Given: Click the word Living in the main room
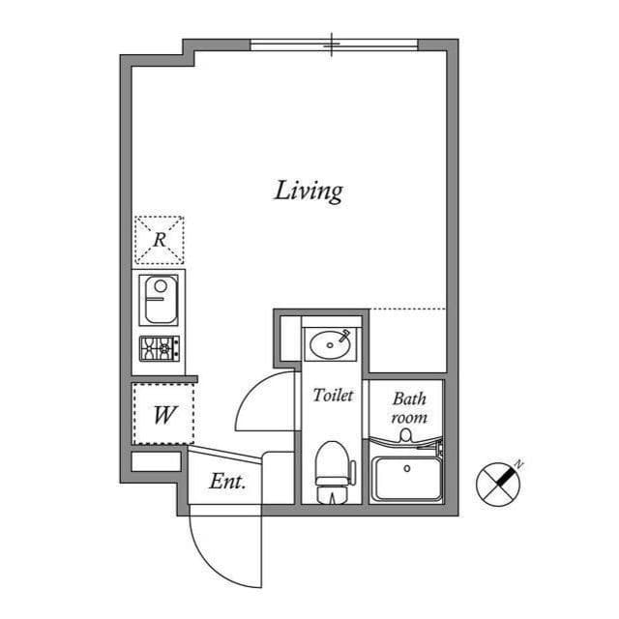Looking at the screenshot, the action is (x=309, y=192).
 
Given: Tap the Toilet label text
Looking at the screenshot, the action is (x=333, y=396).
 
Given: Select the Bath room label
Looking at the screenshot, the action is (x=409, y=408).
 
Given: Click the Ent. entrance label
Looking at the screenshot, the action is (x=227, y=482).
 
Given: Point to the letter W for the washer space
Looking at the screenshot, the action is (x=164, y=415).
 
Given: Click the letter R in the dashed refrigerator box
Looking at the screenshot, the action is (x=160, y=240).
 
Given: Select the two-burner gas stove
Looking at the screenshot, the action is (x=160, y=348).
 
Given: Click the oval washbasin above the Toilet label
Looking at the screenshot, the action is (x=331, y=344).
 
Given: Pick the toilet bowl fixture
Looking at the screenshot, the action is (x=334, y=472).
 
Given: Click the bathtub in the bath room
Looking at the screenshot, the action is (x=407, y=479).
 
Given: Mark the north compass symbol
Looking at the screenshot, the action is (x=498, y=485).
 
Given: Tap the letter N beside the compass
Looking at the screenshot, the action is (x=519, y=464).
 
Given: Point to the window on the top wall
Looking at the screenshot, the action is (x=334, y=44).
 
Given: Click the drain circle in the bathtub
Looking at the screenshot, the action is (x=407, y=468).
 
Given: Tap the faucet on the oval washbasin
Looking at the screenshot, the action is (x=344, y=335).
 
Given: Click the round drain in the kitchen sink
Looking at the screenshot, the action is (x=161, y=285).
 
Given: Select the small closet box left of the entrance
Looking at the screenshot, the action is (x=156, y=461).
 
